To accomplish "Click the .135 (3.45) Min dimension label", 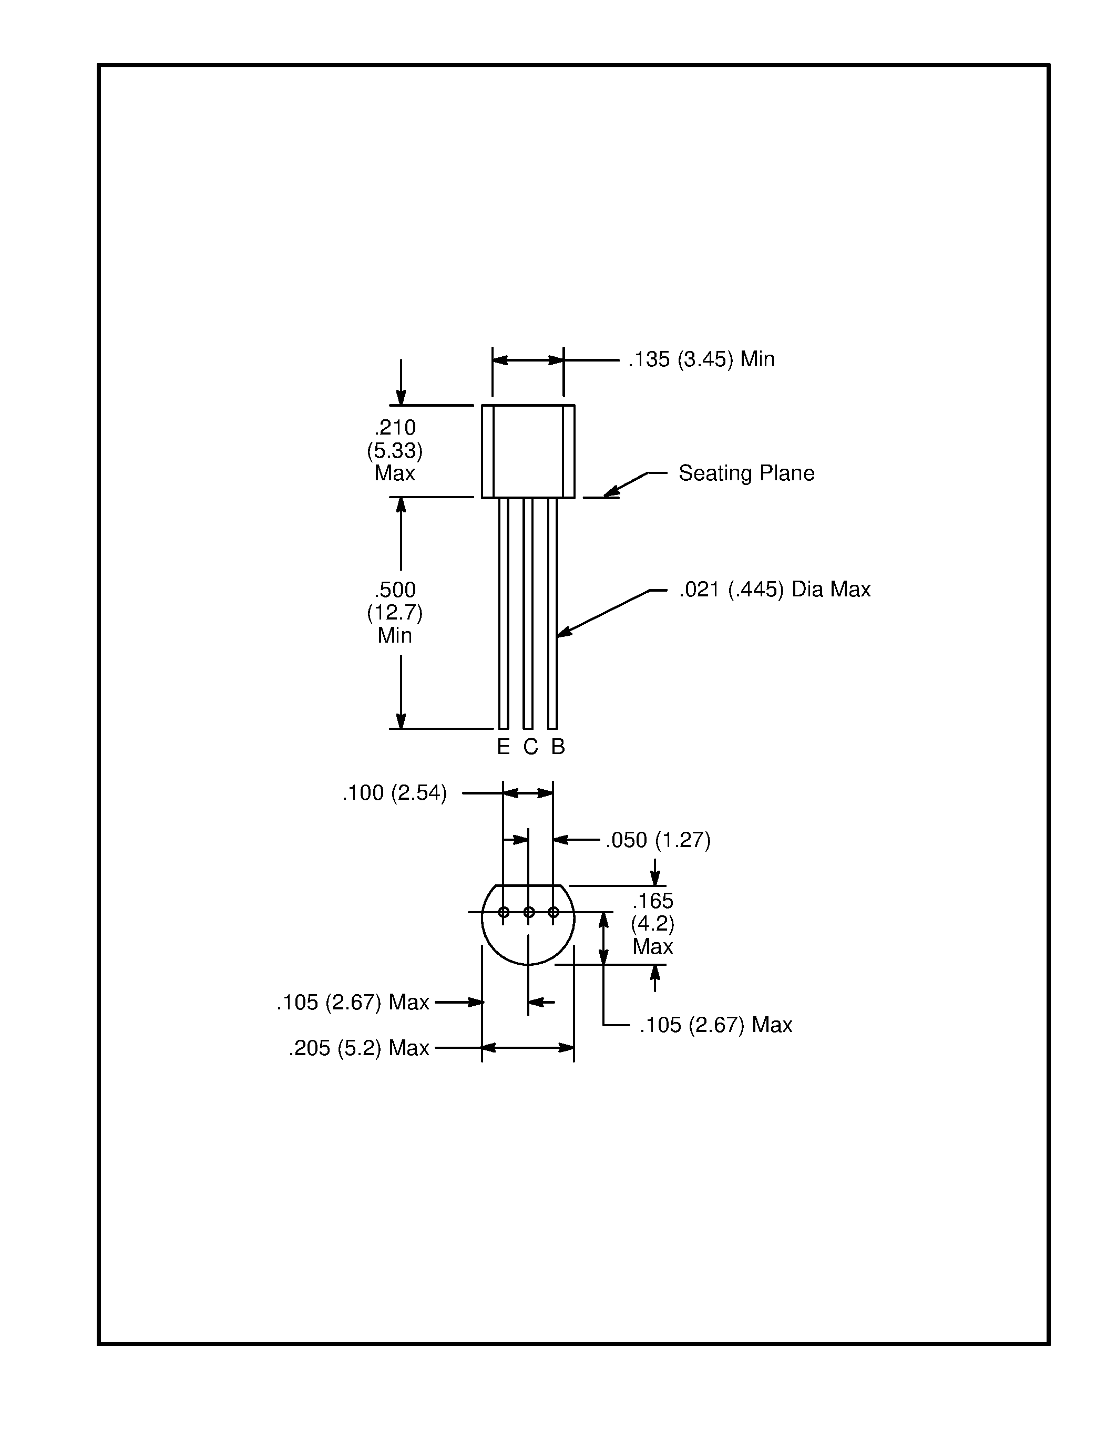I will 701,359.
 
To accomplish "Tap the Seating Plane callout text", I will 746,473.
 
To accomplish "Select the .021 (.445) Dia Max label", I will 774,589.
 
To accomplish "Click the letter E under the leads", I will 503,747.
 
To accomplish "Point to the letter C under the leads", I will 530,747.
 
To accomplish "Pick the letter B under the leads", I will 558,747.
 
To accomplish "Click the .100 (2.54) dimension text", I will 394,792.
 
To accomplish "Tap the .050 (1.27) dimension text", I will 658,840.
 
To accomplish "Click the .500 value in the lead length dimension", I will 395,590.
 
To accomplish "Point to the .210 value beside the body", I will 395,427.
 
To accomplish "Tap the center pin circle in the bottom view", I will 529,912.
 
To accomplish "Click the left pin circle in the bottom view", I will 504,912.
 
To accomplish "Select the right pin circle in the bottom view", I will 554,912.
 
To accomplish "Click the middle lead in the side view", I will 528,612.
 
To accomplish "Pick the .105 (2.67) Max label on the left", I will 353,1003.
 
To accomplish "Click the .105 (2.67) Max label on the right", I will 715,1025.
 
